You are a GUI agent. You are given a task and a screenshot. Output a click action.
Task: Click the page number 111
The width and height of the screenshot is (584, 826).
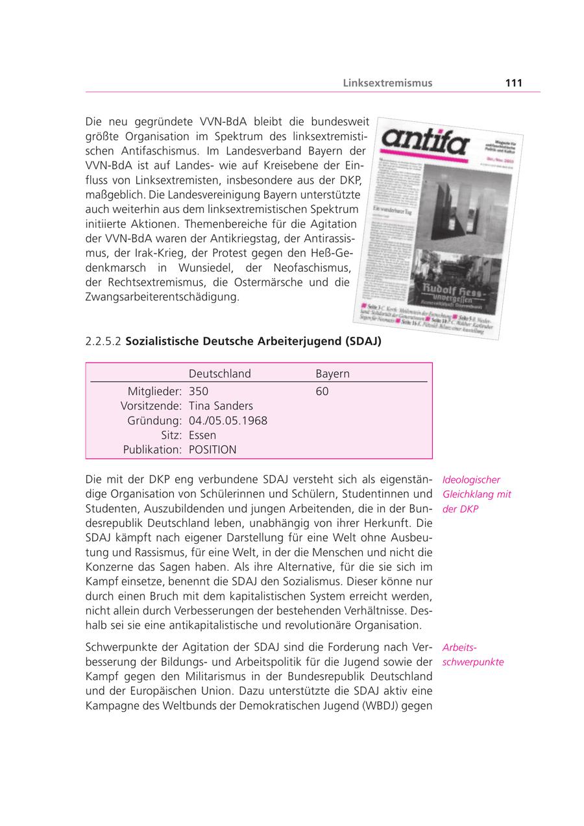coord(513,83)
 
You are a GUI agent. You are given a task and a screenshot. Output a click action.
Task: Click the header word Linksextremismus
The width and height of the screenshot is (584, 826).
coord(387,83)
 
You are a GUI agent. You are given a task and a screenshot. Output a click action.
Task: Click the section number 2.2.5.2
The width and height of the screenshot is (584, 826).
coord(103,341)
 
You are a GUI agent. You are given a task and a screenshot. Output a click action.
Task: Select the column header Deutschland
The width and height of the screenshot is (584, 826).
coord(219,374)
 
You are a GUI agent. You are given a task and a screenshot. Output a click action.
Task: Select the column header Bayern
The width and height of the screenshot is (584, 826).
coord(332,374)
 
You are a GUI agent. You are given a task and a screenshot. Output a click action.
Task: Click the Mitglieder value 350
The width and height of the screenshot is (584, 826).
coord(198,391)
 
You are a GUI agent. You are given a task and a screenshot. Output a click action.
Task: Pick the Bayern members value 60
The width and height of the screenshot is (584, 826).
coord(322,391)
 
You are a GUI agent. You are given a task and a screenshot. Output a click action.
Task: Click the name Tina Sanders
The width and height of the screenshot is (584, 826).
coord(221,406)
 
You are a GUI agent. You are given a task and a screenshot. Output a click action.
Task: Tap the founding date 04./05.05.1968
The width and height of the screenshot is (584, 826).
coord(228,420)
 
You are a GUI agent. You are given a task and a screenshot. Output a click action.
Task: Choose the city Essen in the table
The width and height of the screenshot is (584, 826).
coord(202,435)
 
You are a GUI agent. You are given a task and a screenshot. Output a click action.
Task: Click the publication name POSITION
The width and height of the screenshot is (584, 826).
coord(212,450)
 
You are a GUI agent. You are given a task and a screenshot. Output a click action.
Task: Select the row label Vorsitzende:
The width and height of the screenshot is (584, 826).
coord(151,406)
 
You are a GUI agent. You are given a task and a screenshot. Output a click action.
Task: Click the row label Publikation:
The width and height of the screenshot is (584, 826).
coord(152,450)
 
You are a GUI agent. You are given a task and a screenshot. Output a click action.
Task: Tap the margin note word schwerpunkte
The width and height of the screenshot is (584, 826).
coord(473,662)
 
